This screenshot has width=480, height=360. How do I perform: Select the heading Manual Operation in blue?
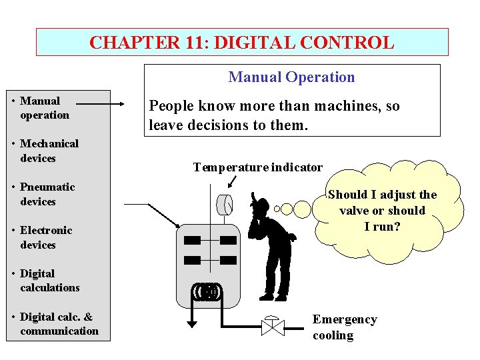(x=291, y=77)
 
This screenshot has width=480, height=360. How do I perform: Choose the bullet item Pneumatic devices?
(x=47, y=194)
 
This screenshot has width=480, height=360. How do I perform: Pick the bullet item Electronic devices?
(x=46, y=237)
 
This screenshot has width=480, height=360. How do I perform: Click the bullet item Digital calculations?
(x=49, y=281)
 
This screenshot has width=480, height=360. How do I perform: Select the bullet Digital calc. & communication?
(x=59, y=324)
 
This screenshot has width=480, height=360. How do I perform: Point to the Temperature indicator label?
(x=257, y=167)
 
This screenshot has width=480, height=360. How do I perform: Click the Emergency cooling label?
(x=344, y=327)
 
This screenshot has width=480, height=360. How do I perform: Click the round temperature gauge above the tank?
(x=225, y=204)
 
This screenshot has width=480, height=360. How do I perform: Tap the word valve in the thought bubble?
(x=353, y=211)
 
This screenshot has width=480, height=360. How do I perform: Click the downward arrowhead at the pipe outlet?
(x=192, y=324)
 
